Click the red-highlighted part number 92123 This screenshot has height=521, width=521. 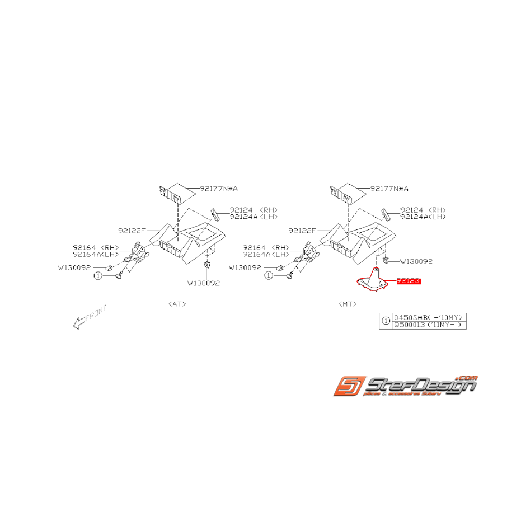(x=408, y=281)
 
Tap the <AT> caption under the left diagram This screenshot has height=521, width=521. (x=177, y=304)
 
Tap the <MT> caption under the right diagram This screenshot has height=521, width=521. (x=348, y=304)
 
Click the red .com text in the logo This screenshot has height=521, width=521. (x=467, y=378)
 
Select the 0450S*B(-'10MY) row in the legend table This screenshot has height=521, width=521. (x=428, y=317)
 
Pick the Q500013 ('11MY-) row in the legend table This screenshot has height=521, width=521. (x=428, y=325)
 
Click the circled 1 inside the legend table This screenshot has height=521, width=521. (x=385, y=321)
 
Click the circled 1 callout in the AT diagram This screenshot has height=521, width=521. (x=98, y=275)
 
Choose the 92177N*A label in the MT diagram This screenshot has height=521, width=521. (x=389, y=189)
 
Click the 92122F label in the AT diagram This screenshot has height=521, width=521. (x=132, y=230)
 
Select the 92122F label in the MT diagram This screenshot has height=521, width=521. (x=302, y=230)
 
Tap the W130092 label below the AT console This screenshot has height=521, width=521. (x=203, y=283)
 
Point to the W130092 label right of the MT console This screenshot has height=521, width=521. (x=416, y=261)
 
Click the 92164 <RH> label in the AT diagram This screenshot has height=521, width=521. (x=96, y=247)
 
